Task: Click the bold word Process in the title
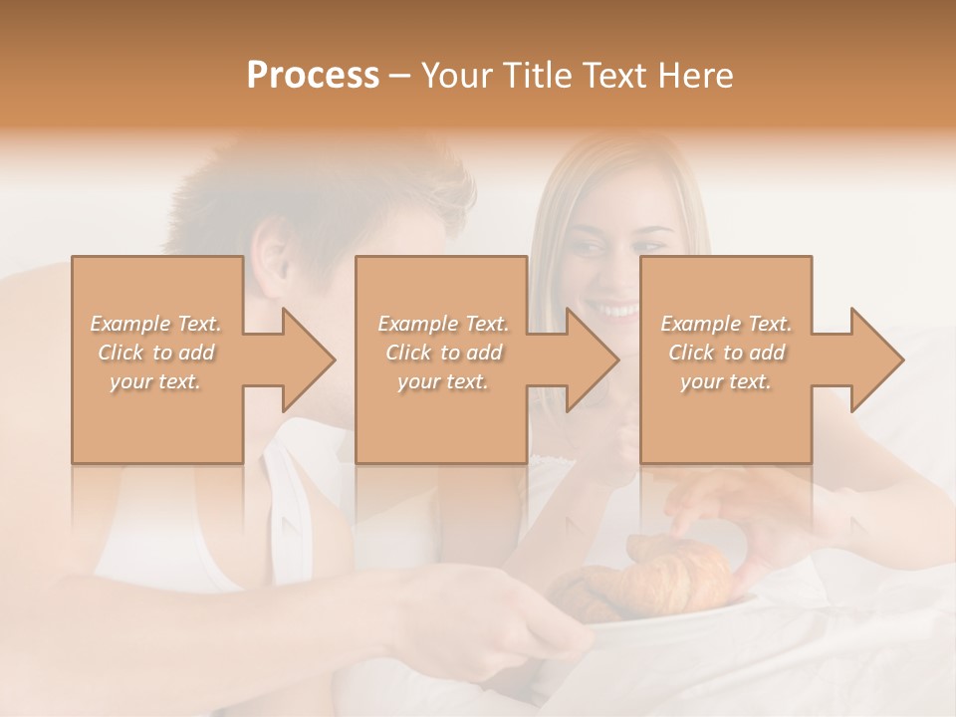313,75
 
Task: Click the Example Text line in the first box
156,324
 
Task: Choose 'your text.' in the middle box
442,381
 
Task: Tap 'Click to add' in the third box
726,353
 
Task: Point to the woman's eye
591,246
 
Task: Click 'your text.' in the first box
156,381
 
